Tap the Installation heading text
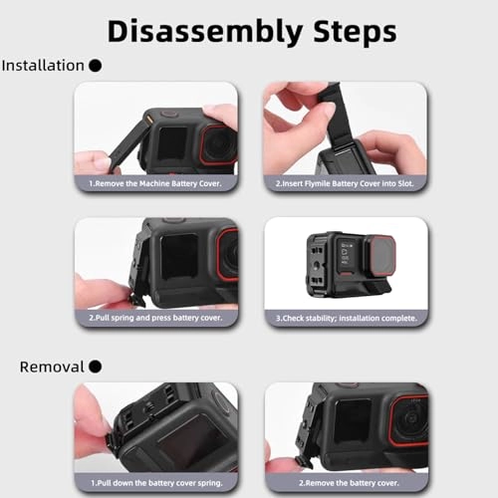tap(43, 66)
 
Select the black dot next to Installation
tap(96, 66)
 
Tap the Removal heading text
tap(52, 367)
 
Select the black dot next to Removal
tap(96, 367)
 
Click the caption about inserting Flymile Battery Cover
tap(345, 183)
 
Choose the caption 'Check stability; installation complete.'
tap(345, 318)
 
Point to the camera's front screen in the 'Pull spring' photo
tap(178, 256)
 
